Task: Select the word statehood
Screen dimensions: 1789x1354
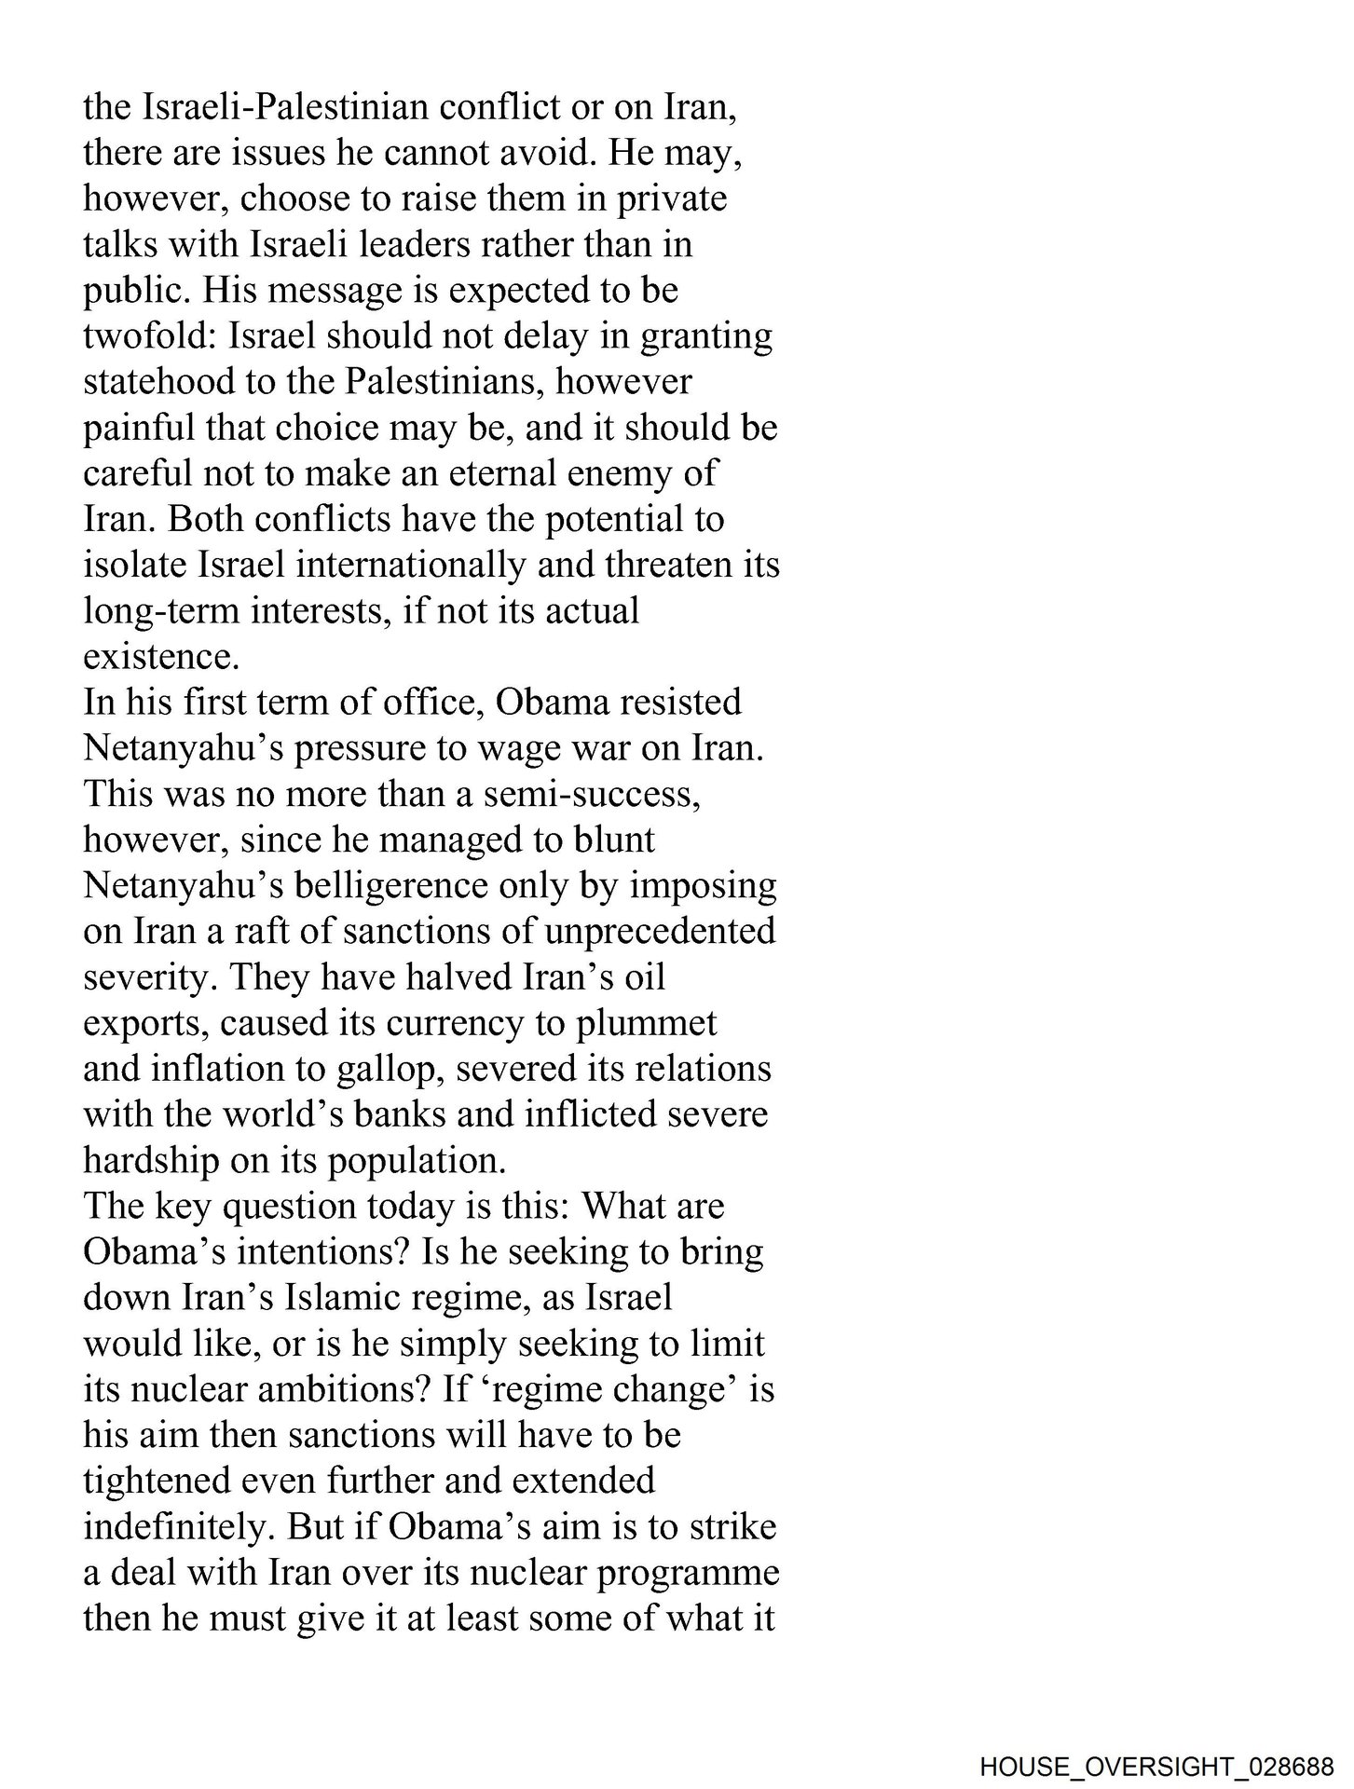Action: (x=159, y=381)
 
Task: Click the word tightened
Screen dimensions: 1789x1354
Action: (x=165, y=1481)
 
